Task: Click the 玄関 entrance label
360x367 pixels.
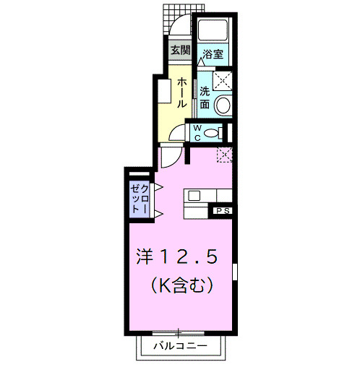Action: click(x=180, y=51)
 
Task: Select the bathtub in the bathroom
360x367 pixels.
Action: click(x=213, y=30)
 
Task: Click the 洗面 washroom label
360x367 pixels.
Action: click(x=205, y=98)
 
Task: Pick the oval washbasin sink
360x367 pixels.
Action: click(x=223, y=105)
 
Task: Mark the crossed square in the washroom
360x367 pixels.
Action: click(x=222, y=79)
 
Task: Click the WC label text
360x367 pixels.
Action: click(x=196, y=132)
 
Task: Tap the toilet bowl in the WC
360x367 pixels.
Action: click(x=211, y=133)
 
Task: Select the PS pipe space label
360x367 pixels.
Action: click(x=221, y=210)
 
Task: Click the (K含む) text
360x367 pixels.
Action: click(x=181, y=286)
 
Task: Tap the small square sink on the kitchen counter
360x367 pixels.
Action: click(x=194, y=194)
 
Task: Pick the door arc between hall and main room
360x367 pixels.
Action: click(x=168, y=155)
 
